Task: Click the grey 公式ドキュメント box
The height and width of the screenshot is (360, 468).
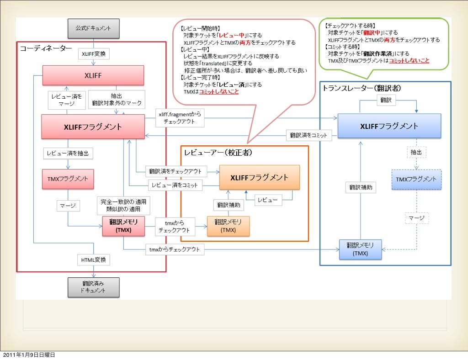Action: point(93,28)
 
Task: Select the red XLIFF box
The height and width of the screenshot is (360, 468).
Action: point(93,75)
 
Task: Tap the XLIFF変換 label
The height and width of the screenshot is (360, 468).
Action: point(93,54)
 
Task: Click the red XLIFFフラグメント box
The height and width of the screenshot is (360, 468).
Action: point(93,127)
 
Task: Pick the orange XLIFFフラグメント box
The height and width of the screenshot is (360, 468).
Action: point(260,177)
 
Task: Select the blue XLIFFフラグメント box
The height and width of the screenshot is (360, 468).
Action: point(389,126)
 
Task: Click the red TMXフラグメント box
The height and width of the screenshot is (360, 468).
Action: point(68,179)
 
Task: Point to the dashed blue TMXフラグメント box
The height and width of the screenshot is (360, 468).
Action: point(416,180)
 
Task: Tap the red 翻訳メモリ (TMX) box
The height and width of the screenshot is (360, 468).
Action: point(123,226)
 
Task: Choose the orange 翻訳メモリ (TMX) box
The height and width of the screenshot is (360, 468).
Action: point(229,226)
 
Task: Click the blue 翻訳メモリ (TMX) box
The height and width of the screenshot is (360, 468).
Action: point(360,249)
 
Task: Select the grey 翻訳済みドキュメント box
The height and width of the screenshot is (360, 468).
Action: point(93,287)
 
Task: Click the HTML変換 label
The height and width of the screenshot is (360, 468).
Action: point(93,260)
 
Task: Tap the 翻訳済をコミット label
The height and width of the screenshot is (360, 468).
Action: point(308,135)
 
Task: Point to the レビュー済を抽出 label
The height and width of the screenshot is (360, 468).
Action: point(68,154)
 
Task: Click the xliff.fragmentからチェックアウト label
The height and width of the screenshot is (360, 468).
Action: point(180,118)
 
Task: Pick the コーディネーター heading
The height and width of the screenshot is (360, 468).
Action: point(46,48)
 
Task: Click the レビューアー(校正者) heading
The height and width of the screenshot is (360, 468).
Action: point(218,153)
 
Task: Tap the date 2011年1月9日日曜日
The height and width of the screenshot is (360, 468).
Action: point(29,355)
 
